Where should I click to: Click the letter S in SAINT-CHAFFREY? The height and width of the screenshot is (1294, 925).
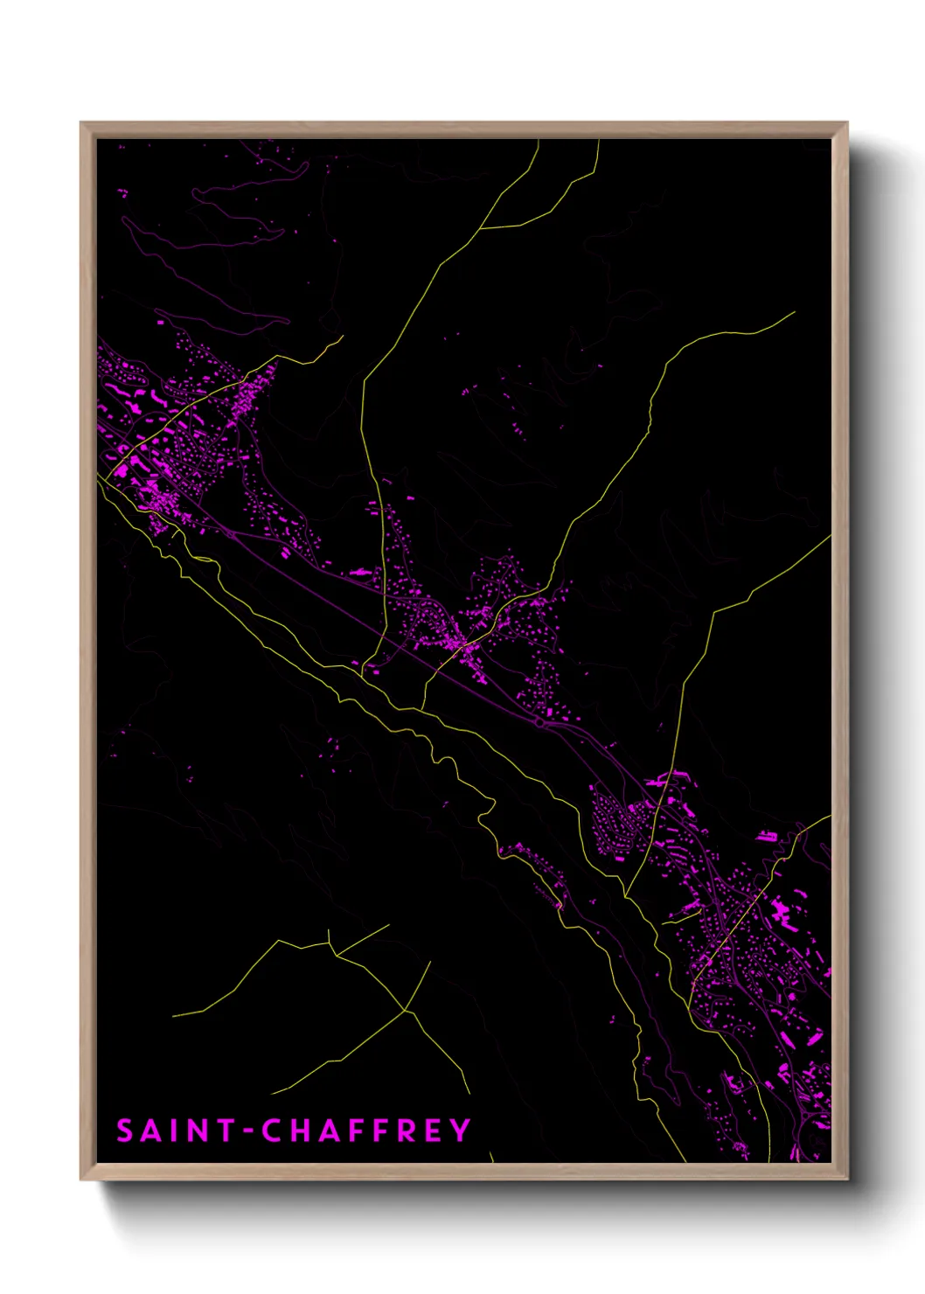[x=125, y=1131]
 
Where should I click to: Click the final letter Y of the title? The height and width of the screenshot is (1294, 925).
[x=461, y=1131]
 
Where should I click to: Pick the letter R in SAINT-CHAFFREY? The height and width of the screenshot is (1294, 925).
[x=405, y=1131]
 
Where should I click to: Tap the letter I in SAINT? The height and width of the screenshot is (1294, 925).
[x=174, y=1131]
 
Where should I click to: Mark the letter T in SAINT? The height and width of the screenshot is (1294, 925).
[x=225, y=1131]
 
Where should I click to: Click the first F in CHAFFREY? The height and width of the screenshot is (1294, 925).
[x=356, y=1131]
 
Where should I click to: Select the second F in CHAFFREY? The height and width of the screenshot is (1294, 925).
[x=380, y=1131]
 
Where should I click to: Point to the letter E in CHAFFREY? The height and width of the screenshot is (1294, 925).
[x=433, y=1131]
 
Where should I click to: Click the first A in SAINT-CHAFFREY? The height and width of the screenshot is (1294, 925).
[x=150, y=1131]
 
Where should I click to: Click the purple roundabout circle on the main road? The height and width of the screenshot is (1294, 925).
[x=539, y=723]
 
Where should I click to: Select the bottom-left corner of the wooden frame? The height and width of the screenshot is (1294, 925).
[x=82, y=1179]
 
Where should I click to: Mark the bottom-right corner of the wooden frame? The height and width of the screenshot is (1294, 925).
[x=846, y=1179]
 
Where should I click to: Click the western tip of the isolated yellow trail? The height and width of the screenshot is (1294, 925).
[x=174, y=1016]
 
